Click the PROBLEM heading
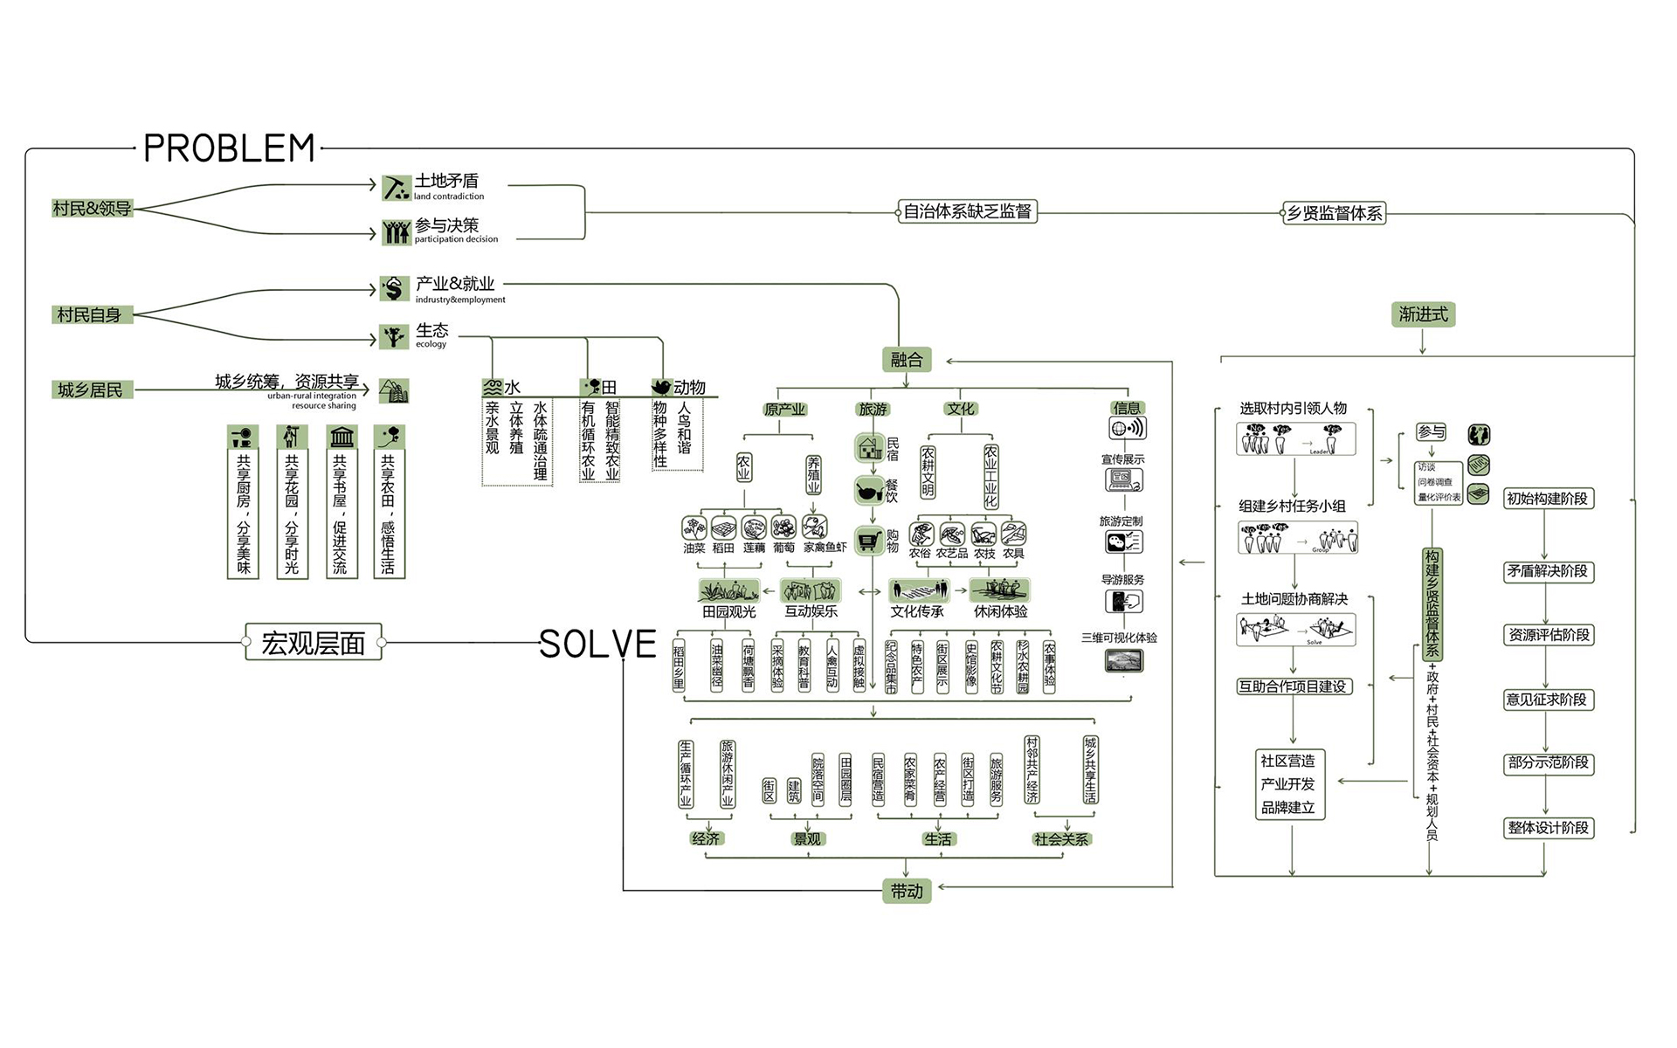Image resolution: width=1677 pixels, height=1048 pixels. coord(229,148)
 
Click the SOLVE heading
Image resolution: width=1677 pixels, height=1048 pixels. coord(597,645)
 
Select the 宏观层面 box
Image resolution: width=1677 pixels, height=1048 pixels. coord(314,643)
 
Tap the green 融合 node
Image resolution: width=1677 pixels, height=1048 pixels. coord(906,359)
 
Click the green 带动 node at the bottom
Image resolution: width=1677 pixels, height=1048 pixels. coord(906,891)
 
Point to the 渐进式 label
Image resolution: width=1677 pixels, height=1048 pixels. coord(1423,314)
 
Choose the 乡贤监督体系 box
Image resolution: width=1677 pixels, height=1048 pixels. coord(1334,213)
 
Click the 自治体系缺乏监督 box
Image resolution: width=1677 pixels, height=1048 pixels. coord(967,211)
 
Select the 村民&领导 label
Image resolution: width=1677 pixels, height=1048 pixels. coord(92,209)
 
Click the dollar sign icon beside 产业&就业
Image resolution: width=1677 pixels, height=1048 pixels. coord(394,288)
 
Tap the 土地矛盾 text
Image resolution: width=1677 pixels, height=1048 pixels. coord(446,181)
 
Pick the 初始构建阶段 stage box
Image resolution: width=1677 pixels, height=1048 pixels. coord(1547,499)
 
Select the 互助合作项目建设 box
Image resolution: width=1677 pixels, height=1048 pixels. coord(1294,686)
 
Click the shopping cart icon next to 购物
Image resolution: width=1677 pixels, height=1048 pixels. coord(868,541)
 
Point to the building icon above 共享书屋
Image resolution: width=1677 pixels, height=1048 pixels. coord(342,437)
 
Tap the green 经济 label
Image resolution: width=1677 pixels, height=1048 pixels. coord(705,838)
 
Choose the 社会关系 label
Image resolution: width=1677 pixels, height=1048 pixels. coord(1060,839)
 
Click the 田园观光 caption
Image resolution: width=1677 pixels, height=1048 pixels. coord(729,612)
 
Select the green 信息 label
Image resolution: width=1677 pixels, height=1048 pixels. coord(1126,408)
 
